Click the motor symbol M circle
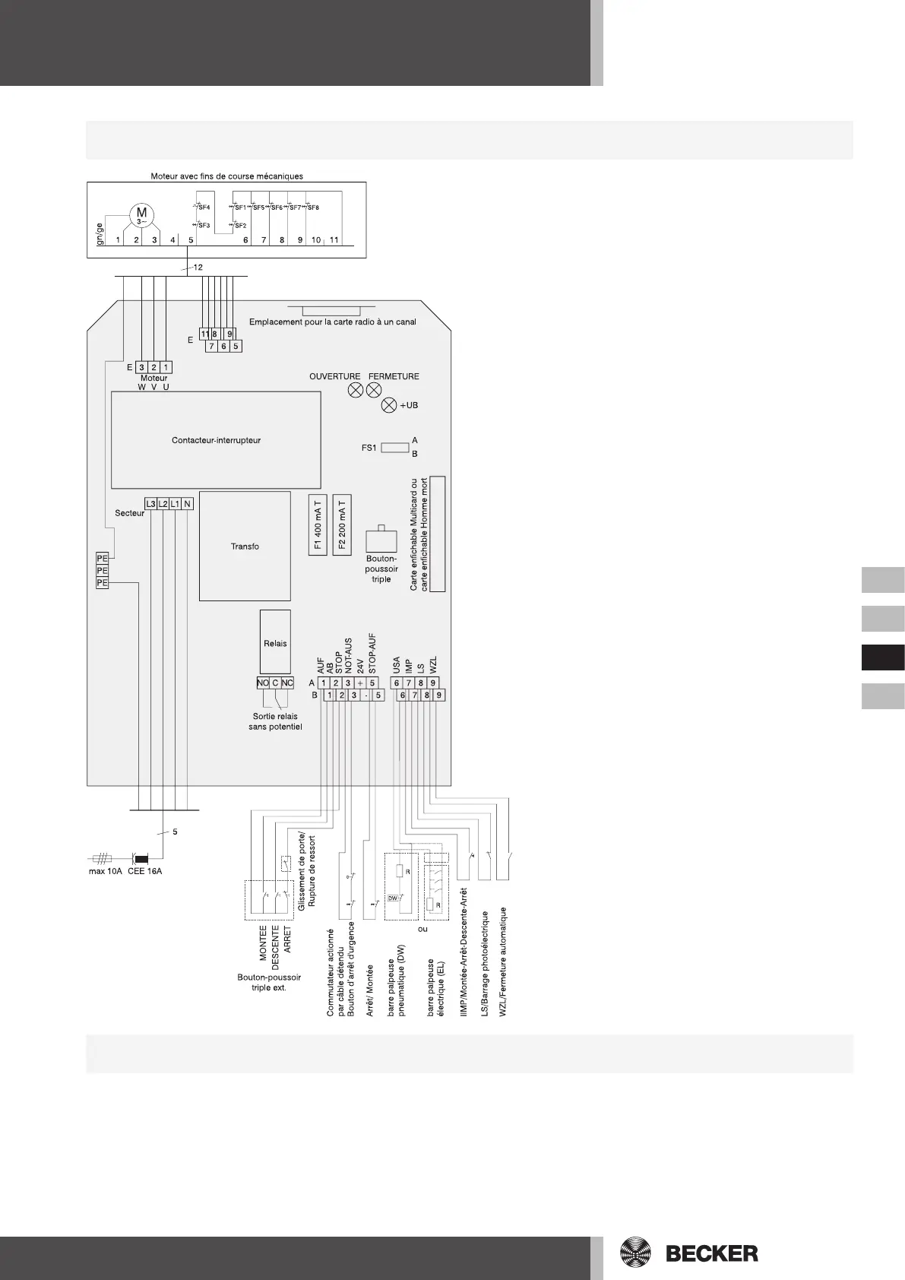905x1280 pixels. point(141,214)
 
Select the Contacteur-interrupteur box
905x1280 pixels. point(216,440)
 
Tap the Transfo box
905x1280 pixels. point(245,546)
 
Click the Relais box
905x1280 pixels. point(275,642)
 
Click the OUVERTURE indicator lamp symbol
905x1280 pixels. point(354,390)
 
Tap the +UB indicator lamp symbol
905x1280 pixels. point(388,405)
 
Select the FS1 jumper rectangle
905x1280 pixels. point(395,447)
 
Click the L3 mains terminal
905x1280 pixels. point(150,504)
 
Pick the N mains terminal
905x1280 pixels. point(187,504)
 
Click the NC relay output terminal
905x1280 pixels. point(287,683)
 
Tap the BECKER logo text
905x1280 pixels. point(711,1253)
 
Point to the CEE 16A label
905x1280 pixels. point(144,870)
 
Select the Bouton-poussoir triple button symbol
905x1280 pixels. point(381,540)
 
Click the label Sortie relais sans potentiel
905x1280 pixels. point(275,721)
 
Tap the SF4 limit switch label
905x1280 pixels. point(204,207)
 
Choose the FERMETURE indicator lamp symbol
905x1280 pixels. point(373,390)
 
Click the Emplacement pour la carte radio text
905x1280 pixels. point(332,322)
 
